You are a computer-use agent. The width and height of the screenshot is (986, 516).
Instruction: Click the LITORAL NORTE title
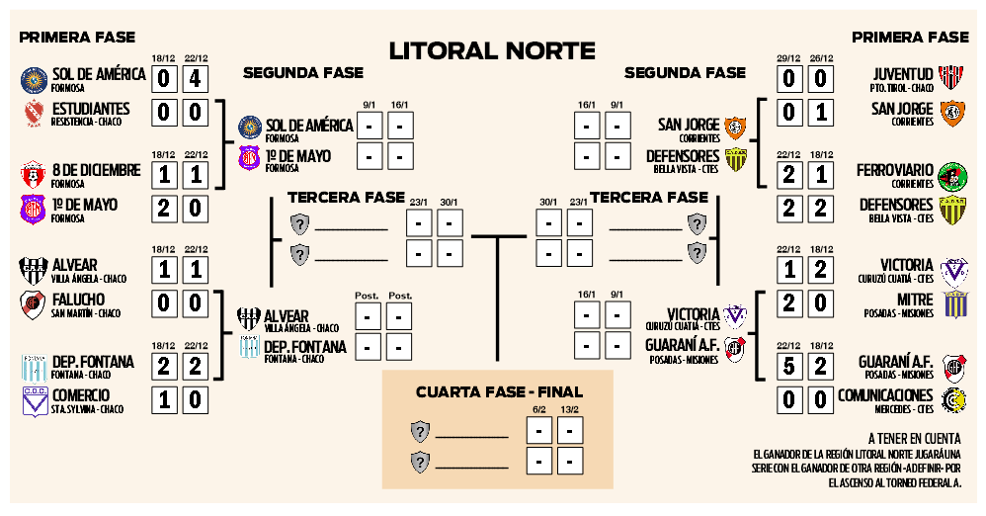coord(492,50)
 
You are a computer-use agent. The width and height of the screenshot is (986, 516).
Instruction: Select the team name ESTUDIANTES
coord(91,108)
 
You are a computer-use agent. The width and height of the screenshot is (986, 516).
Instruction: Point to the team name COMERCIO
coord(80,395)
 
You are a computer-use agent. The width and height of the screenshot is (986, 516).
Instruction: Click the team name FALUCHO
coord(78,300)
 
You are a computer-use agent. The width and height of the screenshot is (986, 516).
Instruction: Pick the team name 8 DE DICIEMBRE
coord(96,170)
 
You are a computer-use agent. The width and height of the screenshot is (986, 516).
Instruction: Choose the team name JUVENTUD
coord(903,74)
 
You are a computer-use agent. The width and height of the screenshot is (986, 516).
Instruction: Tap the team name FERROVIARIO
coord(894,170)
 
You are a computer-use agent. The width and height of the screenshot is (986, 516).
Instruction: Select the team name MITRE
coord(915,300)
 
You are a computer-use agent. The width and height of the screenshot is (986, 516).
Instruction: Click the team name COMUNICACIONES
coord(885,395)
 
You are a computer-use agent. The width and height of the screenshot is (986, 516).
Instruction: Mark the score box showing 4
coord(196,79)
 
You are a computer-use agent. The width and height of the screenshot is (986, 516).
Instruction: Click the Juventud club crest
coord(952,79)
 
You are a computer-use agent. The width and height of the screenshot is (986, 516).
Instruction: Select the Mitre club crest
coord(954,304)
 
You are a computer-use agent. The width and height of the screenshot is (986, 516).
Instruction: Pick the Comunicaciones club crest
coord(954,400)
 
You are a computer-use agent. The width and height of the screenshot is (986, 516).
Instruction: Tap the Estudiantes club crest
coord(34,113)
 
